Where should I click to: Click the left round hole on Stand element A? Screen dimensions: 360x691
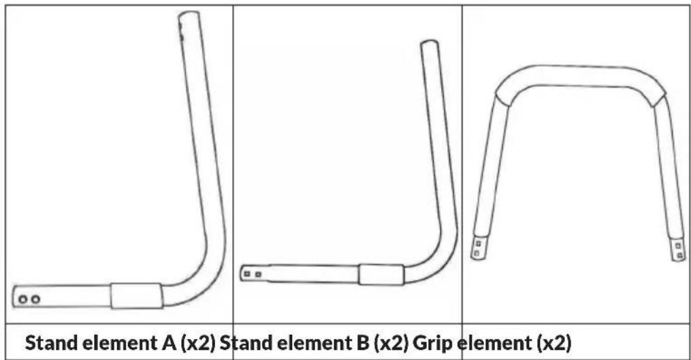point(23,298)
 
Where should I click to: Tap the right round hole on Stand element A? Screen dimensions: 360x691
point(35,299)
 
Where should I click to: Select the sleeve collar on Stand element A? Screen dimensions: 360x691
point(137,295)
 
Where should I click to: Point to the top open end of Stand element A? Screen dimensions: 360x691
point(189,16)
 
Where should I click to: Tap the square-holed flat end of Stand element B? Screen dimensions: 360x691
point(253,273)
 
